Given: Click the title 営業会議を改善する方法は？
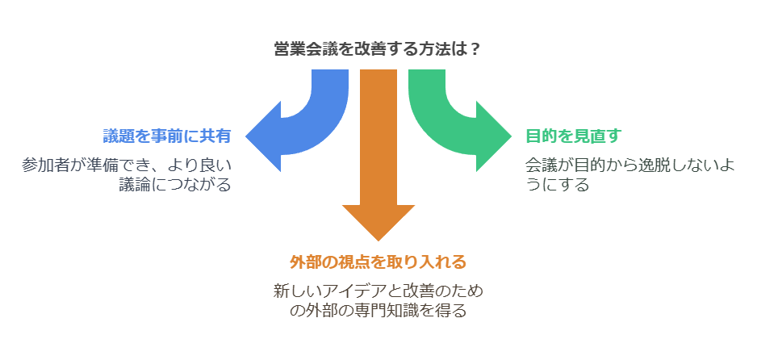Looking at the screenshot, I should (x=378, y=48).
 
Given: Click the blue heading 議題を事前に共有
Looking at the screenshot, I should (x=167, y=136).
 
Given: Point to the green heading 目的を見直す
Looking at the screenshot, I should (x=573, y=136).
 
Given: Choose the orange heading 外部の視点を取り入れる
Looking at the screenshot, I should (x=378, y=262).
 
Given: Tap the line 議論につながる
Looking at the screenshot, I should (x=174, y=185).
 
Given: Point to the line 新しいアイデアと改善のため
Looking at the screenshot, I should (x=378, y=291).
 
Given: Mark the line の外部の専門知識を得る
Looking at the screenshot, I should (x=378, y=311).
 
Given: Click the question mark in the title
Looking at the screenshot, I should (x=475, y=48).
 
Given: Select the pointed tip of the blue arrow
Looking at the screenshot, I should (x=247, y=136).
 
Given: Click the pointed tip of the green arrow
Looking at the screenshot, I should (x=510, y=136).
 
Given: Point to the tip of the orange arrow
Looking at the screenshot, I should (x=378, y=239).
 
